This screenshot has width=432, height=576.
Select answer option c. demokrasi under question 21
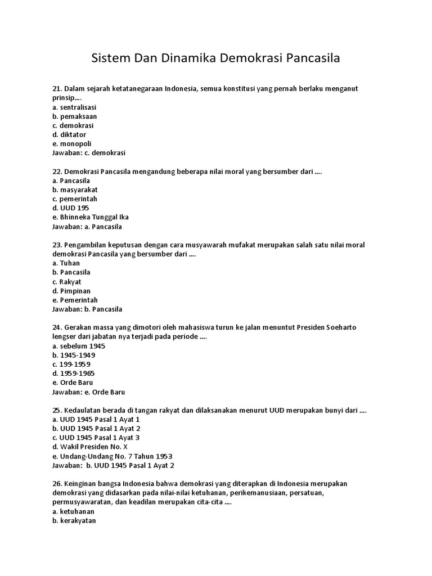pyautogui.click(x=73, y=125)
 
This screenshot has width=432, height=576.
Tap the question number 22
pyautogui.click(x=57, y=172)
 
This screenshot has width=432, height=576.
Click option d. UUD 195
pyautogui.click(x=70, y=208)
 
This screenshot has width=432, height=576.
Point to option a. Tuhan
pyautogui.click(x=66, y=263)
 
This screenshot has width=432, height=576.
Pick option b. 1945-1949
pyautogui.click(x=74, y=355)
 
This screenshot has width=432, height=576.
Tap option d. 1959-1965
pyautogui.click(x=74, y=373)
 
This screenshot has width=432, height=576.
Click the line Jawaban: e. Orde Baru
pyautogui.click(x=88, y=391)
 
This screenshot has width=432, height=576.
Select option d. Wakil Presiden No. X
pyautogui.click(x=90, y=447)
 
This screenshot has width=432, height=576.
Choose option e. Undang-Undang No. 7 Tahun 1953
pyautogui.click(x=112, y=456)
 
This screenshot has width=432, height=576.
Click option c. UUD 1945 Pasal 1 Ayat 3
pyautogui.click(x=96, y=438)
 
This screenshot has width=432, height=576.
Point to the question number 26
pyautogui.click(x=57, y=484)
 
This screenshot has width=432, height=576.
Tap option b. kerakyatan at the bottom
pyautogui.click(x=74, y=521)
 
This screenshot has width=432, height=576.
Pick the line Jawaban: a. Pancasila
pyautogui.click(x=87, y=227)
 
